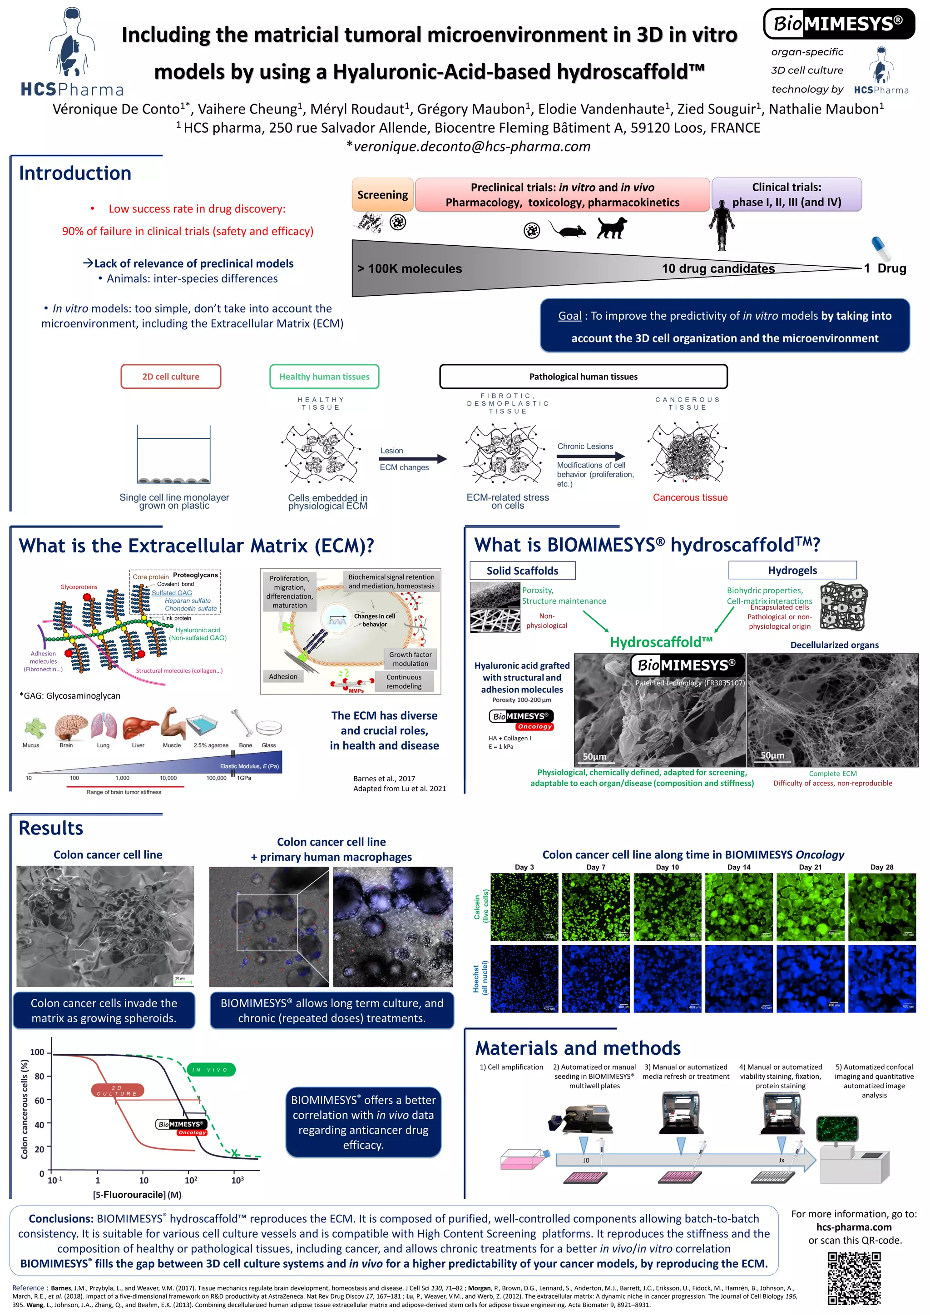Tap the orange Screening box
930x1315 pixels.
[382, 195]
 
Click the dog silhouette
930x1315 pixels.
[611, 228]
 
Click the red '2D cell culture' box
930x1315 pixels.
[171, 376]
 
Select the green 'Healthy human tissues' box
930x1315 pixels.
[324, 376]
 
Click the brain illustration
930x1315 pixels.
[70, 726]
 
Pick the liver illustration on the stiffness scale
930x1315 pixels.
[139, 727]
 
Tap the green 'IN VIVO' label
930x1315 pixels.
[211, 1069]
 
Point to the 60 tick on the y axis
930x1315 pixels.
[40, 1100]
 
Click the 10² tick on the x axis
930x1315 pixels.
[191, 1180]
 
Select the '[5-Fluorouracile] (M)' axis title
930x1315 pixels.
[138, 1195]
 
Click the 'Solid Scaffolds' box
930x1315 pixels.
[522, 571]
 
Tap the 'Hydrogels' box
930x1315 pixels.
[792, 570]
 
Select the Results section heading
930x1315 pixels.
[51, 828]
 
